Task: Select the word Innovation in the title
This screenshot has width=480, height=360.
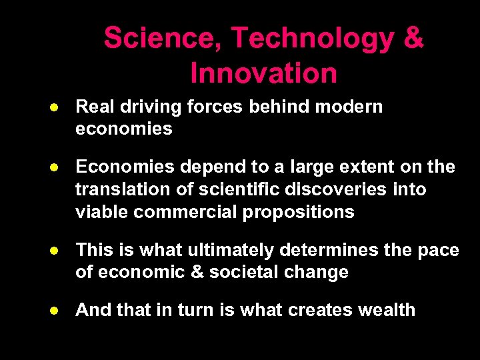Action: click(x=263, y=73)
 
